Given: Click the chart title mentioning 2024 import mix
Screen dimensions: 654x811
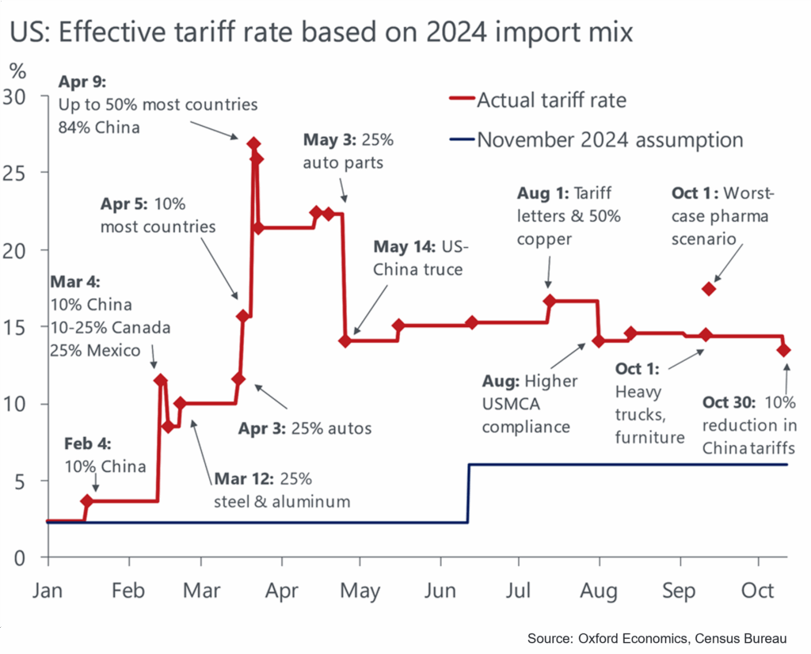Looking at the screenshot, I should [x=321, y=32].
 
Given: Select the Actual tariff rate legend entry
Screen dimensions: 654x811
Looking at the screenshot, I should [x=550, y=100].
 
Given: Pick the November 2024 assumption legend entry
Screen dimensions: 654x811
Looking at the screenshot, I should [x=610, y=140].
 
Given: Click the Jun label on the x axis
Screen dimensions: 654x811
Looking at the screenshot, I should [x=440, y=591].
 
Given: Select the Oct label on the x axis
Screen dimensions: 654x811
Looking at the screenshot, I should [x=758, y=591].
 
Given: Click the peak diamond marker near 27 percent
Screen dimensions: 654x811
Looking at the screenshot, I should [x=253, y=143].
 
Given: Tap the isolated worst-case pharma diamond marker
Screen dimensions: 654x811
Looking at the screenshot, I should [x=710, y=288].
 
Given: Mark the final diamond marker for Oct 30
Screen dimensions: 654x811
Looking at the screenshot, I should [x=784, y=350].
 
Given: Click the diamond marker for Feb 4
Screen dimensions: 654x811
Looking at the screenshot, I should [x=87, y=501].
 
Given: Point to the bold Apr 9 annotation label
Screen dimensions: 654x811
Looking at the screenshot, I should [x=81, y=82].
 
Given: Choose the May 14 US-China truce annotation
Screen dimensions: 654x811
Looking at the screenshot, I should [x=421, y=257].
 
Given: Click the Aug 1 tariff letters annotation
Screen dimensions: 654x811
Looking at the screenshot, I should [x=569, y=215].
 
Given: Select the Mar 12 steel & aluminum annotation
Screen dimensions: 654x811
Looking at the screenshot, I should [x=281, y=489].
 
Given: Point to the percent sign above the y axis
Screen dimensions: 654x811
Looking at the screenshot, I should [x=17, y=70].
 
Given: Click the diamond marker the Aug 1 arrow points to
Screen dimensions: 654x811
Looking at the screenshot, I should [x=550, y=301].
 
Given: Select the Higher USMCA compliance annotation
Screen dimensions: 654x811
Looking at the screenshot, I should [x=530, y=404].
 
